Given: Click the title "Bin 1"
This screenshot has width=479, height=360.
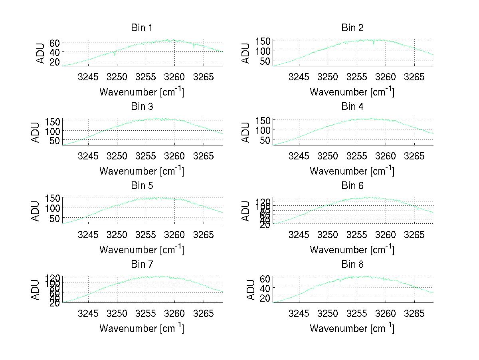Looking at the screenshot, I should (x=142, y=28).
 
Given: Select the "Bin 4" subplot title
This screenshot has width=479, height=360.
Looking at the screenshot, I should (x=352, y=107).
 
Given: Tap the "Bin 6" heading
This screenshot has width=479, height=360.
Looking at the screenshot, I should (x=352, y=186).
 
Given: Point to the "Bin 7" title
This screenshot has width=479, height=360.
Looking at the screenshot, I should (x=142, y=265).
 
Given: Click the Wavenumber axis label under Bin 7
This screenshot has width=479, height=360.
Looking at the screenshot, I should (x=142, y=328).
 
